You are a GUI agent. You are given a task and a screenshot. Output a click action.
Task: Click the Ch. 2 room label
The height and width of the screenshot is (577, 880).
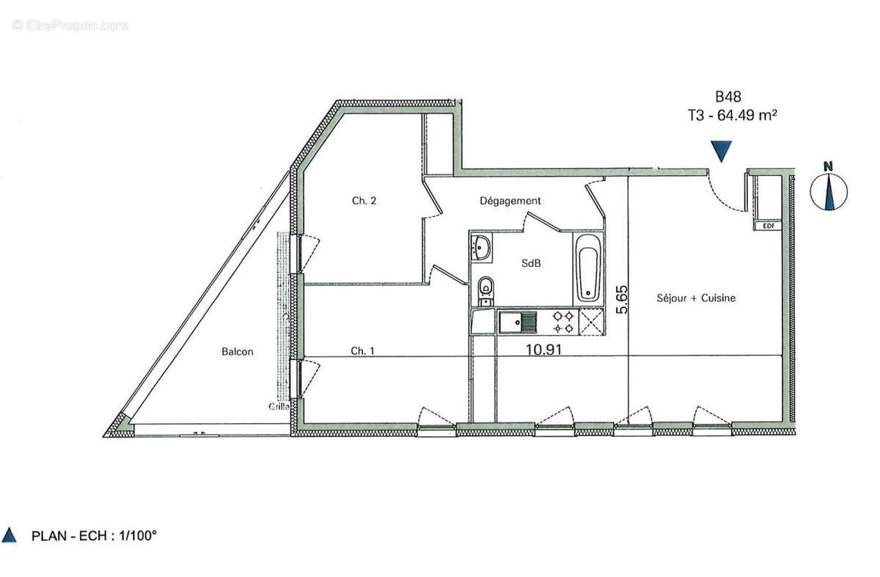tap(364, 200)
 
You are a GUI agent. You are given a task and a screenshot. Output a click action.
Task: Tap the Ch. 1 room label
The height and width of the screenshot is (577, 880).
tap(362, 351)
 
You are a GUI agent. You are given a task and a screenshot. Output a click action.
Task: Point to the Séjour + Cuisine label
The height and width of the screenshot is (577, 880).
tap(696, 298)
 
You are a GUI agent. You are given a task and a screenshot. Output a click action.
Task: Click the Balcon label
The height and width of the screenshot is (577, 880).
tap(238, 351)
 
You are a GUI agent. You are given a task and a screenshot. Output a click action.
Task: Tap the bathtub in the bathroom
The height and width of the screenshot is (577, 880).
tap(587, 268)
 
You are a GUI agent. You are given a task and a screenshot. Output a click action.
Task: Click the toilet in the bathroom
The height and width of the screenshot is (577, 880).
tap(485, 290)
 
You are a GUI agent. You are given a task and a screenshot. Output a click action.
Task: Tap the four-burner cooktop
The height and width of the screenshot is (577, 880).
tap(563, 321)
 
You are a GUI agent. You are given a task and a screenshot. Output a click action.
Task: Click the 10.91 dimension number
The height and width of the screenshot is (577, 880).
tap(544, 350)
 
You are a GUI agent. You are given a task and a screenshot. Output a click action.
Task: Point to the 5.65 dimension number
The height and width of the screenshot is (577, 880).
tap(623, 299)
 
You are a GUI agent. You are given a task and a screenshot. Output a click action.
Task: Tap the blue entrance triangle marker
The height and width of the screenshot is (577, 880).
tap(722, 151)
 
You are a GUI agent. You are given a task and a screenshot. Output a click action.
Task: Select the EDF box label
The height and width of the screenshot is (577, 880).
tap(769, 226)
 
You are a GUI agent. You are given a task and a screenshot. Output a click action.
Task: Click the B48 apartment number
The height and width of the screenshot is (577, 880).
tap(728, 96)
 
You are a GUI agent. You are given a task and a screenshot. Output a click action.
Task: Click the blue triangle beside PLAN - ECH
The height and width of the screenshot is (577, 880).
tap(10, 535)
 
